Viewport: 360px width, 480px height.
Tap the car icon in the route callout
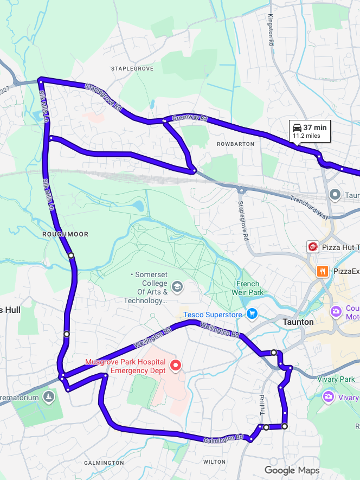(x=297, y=127)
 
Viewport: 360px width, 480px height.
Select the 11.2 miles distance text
(x=306, y=136)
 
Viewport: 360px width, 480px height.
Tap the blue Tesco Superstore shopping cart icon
(x=252, y=314)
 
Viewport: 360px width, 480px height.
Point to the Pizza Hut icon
(x=312, y=247)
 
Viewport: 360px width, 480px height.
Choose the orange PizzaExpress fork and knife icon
(x=323, y=271)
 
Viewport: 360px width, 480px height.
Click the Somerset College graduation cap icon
(x=177, y=286)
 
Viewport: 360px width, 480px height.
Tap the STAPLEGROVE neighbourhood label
(x=132, y=69)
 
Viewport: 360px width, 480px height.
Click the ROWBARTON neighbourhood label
(x=235, y=144)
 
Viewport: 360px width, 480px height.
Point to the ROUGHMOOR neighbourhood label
(x=65, y=234)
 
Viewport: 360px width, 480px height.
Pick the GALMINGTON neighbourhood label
(x=104, y=463)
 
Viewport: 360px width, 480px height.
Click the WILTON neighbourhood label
(x=214, y=462)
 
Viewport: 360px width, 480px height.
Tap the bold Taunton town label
(x=298, y=322)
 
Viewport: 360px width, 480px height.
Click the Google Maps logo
(x=292, y=470)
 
